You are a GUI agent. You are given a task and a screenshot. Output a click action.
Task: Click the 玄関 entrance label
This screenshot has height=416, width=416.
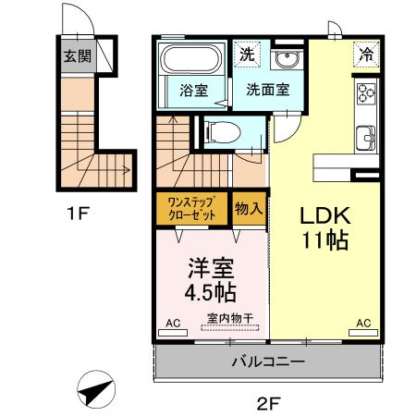click(77, 55)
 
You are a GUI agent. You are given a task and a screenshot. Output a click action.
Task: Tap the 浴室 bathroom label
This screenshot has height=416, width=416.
click(192, 91)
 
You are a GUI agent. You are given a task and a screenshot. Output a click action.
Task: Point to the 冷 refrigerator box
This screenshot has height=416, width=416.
click(367, 54)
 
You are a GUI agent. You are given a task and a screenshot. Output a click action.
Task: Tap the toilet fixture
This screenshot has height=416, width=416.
click(222, 131)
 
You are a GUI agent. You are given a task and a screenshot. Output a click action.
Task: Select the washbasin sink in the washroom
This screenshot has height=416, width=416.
click(288, 60)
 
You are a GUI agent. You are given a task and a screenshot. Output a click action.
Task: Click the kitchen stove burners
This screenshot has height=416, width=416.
click(366, 93)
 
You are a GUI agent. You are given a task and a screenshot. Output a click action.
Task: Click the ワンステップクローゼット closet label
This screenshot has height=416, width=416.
click(192, 207)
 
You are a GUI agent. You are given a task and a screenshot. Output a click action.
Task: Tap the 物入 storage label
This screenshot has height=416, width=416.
click(249, 207)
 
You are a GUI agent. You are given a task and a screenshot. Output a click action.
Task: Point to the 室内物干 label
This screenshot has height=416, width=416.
click(231, 318)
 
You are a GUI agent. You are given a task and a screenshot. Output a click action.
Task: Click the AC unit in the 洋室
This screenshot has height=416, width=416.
click(172, 325)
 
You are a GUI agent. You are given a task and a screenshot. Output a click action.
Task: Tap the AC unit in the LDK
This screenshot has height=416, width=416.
click(363, 325)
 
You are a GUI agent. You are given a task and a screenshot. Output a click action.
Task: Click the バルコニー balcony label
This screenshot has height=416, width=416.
click(267, 361)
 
